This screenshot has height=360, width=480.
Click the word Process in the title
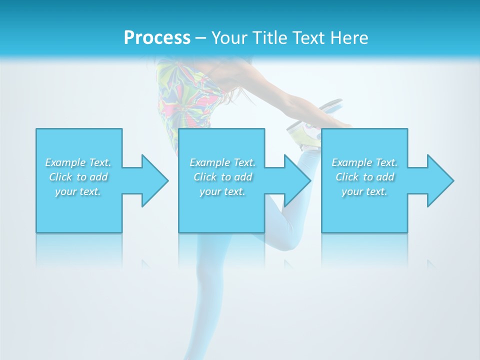pyautogui.click(x=157, y=38)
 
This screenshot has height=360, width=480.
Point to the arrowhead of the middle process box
pyautogui.click(x=296, y=180)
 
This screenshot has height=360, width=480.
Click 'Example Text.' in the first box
pyautogui.click(x=78, y=162)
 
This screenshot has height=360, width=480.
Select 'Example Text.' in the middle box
pyautogui.click(x=222, y=162)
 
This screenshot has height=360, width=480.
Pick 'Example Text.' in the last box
pyautogui.click(x=364, y=162)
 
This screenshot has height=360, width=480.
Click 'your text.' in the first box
pyautogui.click(x=78, y=191)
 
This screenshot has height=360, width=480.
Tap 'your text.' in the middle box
pyautogui.click(x=222, y=191)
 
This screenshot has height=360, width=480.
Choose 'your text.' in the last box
pyautogui.click(x=364, y=191)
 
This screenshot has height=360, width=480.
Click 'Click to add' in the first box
pyautogui.click(x=78, y=177)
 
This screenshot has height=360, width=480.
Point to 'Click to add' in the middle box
pyautogui.click(x=222, y=177)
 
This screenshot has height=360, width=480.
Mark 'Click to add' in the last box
pyautogui.click(x=364, y=177)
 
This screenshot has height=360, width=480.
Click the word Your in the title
pyautogui.click(x=228, y=38)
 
